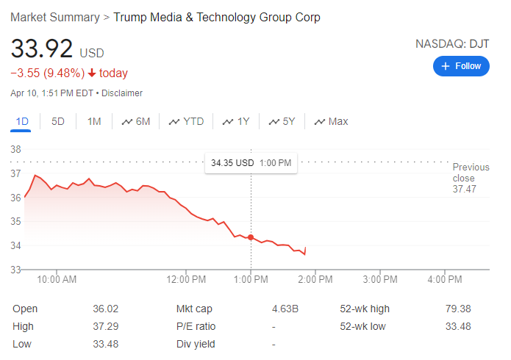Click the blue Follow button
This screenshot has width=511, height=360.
tap(461, 66)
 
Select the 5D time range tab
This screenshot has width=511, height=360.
tap(58, 121)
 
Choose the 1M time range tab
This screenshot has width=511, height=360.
tap(94, 121)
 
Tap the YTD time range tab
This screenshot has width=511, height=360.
tap(187, 121)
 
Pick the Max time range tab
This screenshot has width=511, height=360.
tap(332, 121)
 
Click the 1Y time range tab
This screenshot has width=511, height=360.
tap(237, 121)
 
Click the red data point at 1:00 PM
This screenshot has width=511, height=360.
tap(251, 237)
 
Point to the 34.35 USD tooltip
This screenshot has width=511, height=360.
tap(251, 162)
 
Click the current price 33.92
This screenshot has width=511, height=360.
tap(42, 49)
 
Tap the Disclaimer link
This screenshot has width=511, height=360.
tap(122, 93)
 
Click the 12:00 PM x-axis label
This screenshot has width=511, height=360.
tap(187, 279)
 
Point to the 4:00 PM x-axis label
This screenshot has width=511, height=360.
tap(445, 279)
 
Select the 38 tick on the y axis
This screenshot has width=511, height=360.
tap(15, 149)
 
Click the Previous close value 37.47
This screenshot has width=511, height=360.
tap(465, 189)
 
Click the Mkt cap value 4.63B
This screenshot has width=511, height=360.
tap(285, 309)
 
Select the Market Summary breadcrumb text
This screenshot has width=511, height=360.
tap(54, 17)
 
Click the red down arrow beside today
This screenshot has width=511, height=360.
tap(91, 73)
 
